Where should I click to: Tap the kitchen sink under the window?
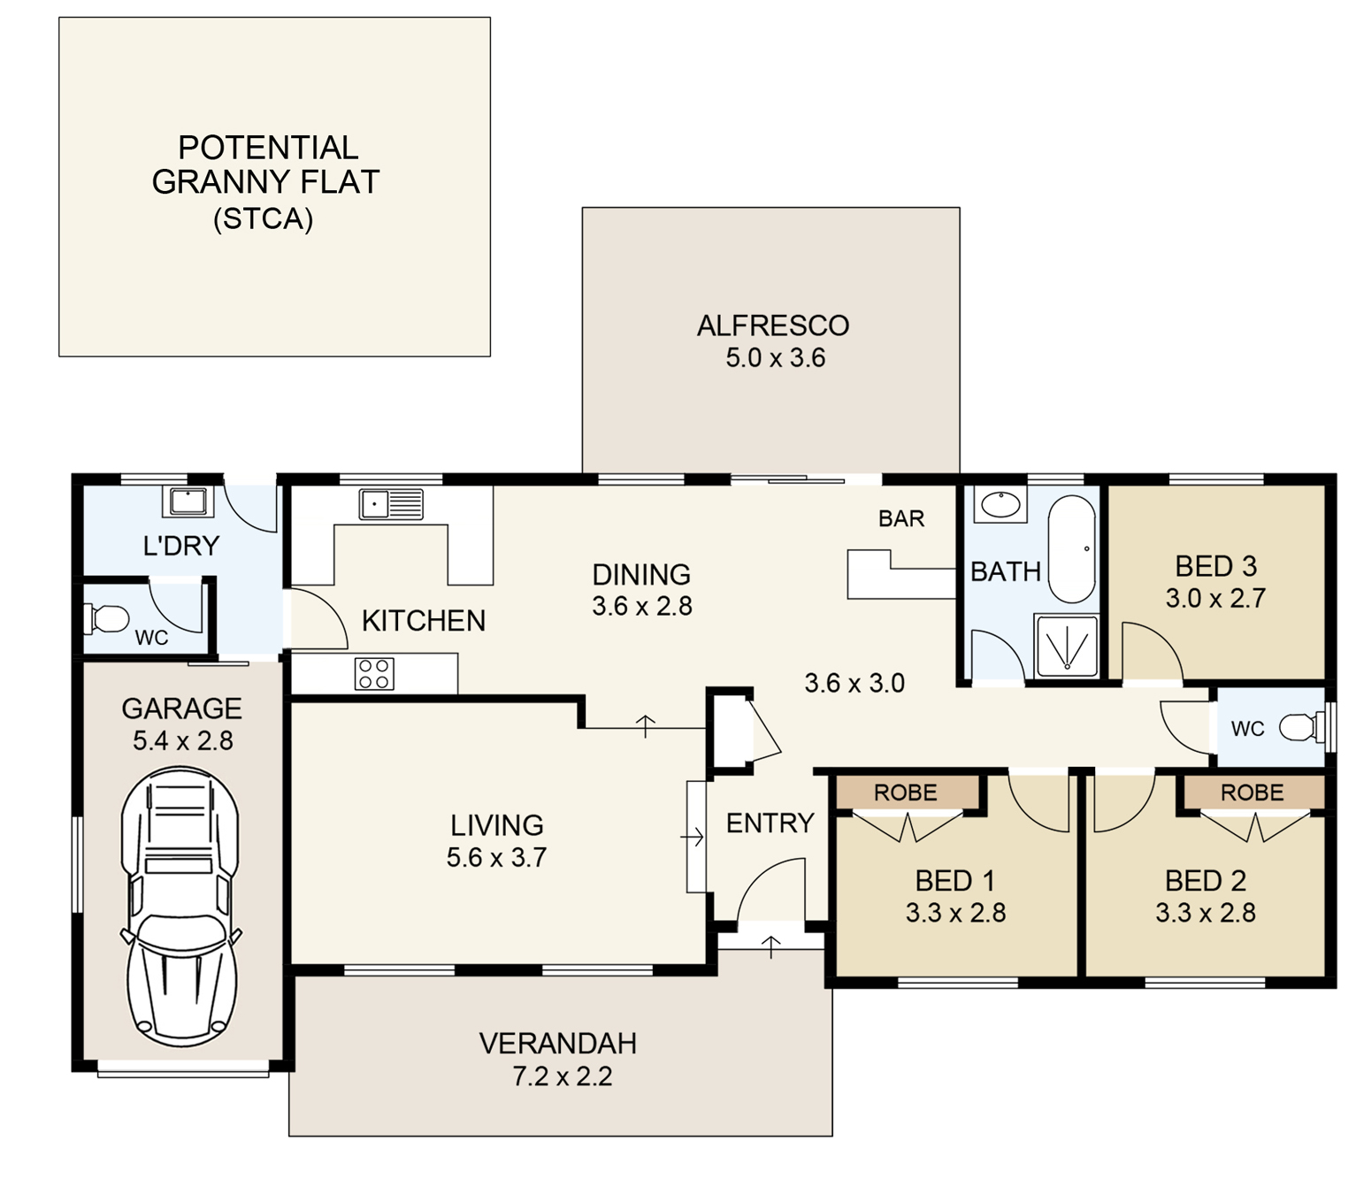coord(391,504)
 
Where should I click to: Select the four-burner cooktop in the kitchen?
coord(374,673)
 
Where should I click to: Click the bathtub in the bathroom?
coord(1072,549)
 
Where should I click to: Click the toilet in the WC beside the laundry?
coord(106,619)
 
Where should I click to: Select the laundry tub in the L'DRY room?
coord(188,502)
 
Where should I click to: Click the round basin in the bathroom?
coord(1000,505)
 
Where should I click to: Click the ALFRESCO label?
coord(773,325)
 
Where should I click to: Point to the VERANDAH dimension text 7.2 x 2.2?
coord(562,1076)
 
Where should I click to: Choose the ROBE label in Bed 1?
coord(905,793)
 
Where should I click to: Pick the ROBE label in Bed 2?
coord(1252,793)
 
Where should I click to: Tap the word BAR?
coord(901,518)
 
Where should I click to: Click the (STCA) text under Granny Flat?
coord(263,218)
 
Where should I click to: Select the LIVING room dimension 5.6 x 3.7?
coord(496,858)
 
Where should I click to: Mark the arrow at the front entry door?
coord(770,947)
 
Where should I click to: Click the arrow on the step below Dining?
coord(646,726)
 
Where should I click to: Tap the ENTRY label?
coord(770,823)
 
